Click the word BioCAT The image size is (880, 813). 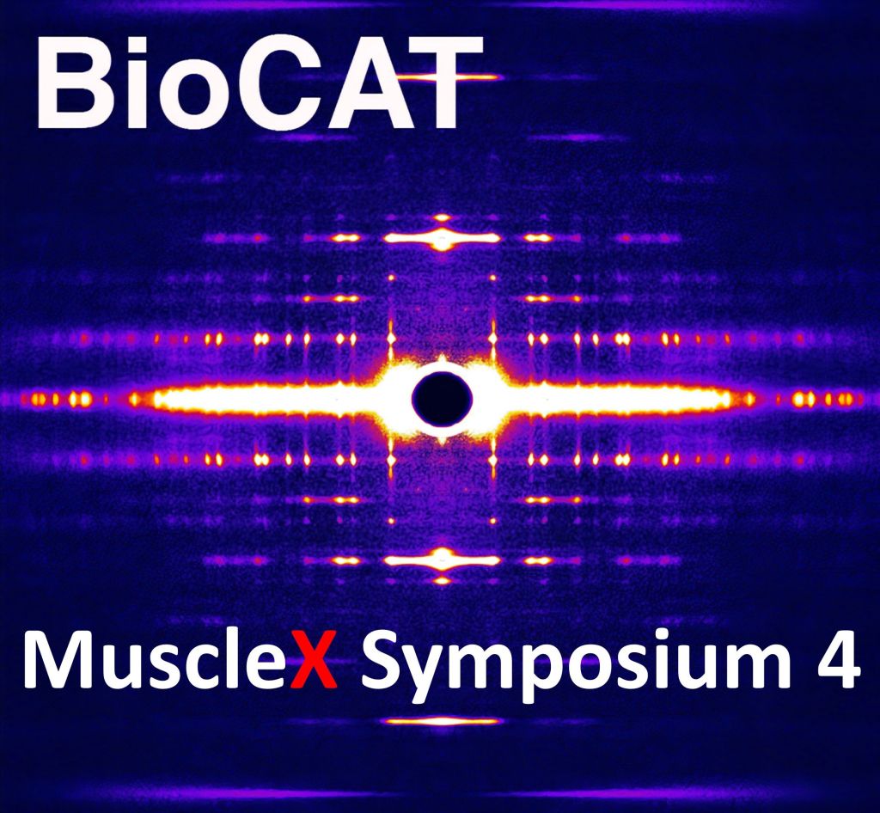260,83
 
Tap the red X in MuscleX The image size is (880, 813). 314,660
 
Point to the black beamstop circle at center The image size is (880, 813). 442,399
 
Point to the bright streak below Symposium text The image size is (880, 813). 442,721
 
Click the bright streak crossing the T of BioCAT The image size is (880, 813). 443,76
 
